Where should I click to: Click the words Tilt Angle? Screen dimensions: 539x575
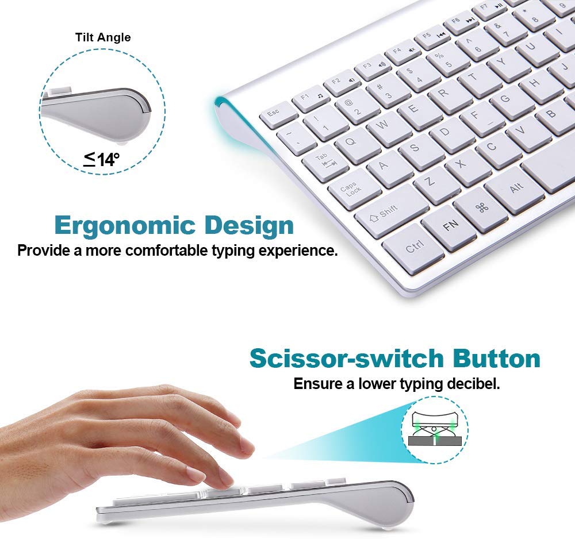click(x=103, y=37)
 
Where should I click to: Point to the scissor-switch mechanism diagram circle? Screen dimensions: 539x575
click(x=435, y=429)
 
